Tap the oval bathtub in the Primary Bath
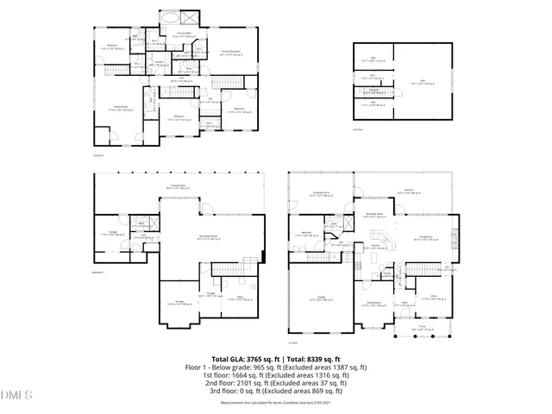168,17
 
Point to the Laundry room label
160,63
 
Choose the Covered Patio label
179,187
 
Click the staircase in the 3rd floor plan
374,90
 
